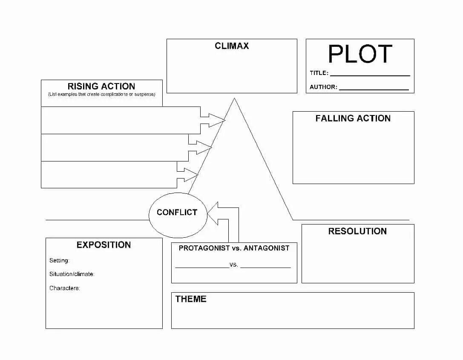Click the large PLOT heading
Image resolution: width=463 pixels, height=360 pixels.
(360, 54)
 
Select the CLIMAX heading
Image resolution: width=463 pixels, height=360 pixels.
(232, 46)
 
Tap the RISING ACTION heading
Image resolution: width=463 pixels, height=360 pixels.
(101, 86)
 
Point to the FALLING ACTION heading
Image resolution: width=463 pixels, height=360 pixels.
(353, 118)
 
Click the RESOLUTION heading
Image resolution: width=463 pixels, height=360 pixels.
(357, 231)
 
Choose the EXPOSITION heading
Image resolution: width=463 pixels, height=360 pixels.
(104, 245)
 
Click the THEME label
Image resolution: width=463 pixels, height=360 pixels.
(191, 299)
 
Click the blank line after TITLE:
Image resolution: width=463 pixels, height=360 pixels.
(370, 75)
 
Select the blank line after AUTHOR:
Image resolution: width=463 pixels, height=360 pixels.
(374, 89)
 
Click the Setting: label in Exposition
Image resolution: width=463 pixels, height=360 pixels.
(59, 261)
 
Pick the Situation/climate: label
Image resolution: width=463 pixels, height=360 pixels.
(72, 274)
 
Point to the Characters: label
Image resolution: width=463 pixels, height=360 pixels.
(65, 288)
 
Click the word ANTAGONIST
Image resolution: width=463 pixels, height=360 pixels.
(266, 248)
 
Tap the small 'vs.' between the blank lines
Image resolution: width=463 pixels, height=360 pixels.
(234, 265)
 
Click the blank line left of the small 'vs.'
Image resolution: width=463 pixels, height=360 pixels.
(202, 267)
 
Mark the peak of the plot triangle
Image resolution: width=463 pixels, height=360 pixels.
(234, 99)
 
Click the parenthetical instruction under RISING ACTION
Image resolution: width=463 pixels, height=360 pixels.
(101, 94)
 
